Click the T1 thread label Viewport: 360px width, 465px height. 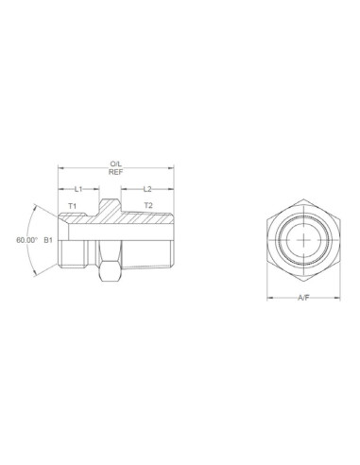(72, 206)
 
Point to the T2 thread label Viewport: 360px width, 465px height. (147, 205)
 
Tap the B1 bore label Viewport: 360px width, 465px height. (48, 240)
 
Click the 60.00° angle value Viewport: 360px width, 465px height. (26, 240)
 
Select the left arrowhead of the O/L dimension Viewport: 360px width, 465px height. (60, 169)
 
